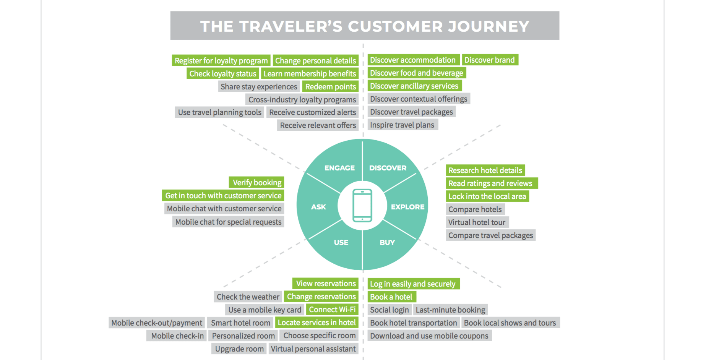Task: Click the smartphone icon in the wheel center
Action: (362, 206)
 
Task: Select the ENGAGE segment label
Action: (339, 168)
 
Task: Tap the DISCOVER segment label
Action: (388, 168)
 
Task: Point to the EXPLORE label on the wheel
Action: (407, 207)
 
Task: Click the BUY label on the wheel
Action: (387, 242)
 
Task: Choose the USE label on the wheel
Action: (341, 242)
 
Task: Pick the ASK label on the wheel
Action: (318, 207)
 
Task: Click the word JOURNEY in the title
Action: (489, 26)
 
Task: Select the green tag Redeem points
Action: (330, 87)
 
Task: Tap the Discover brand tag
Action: (490, 60)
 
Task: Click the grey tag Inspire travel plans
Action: (403, 125)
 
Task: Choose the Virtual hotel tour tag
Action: (477, 222)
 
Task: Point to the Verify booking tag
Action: (257, 183)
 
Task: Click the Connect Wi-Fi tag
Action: (332, 310)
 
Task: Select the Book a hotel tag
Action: (391, 297)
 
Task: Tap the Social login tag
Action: (390, 310)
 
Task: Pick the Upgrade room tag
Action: (239, 349)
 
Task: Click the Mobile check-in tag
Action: (177, 336)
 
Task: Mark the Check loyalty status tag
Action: (223, 74)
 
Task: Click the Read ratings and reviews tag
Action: (491, 183)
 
